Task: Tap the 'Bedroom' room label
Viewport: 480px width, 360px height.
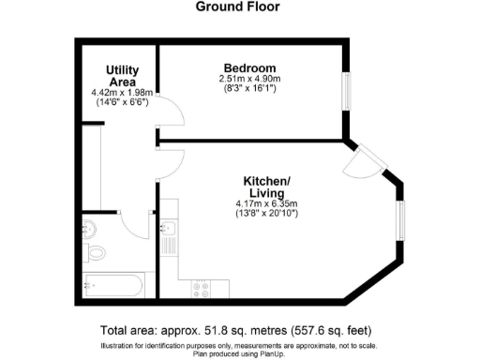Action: tap(249, 68)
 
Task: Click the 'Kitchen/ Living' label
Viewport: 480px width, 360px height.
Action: tap(267, 187)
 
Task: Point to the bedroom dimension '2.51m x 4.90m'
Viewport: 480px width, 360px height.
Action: tap(248, 81)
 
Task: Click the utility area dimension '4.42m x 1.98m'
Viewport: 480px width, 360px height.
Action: tap(123, 93)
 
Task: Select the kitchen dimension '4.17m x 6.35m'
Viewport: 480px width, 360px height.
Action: tap(267, 204)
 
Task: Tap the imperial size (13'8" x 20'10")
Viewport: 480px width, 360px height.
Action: tap(267, 215)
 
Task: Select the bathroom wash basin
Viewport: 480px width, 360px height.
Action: tap(91, 229)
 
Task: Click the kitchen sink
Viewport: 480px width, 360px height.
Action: tap(169, 230)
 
